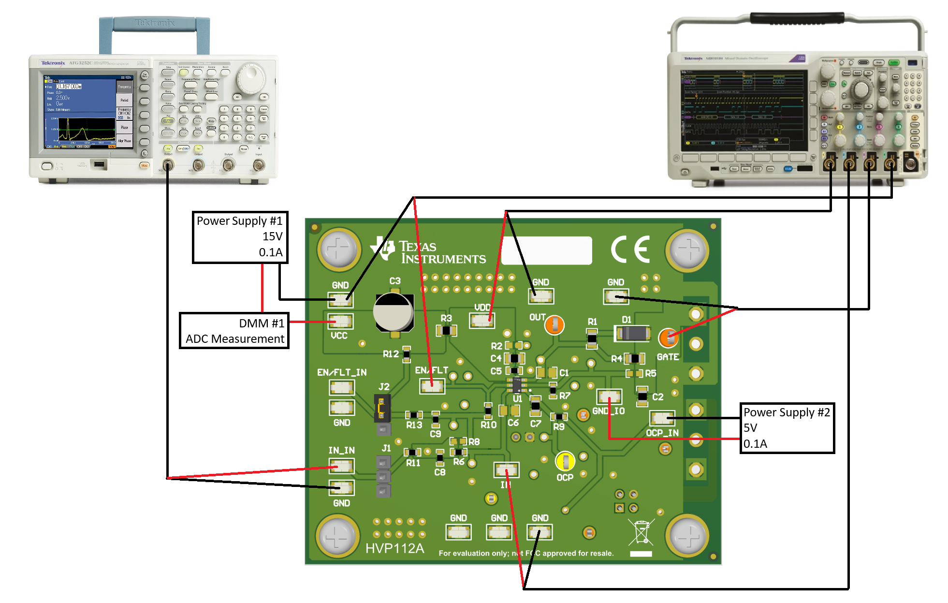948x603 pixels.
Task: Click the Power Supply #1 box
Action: [240, 237]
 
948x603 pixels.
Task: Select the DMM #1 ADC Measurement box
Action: [234, 331]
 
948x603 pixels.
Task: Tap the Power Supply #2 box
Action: [787, 428]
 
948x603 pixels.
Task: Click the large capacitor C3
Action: [394, 312]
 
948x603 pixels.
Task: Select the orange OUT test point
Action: [554, 325]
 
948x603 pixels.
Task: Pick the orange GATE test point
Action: [668, 338]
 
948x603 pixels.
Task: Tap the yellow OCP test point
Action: [565, 461]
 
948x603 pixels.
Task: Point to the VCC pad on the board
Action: [340, 321]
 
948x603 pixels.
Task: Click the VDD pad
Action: [481, 320]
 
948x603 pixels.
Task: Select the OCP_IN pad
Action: [662, 418]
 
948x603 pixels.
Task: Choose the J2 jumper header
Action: [382, 409]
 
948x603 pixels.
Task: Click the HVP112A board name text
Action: [394, 548]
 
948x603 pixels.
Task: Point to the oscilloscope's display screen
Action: [744, 110]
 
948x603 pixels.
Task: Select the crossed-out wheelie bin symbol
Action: [641, 532]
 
